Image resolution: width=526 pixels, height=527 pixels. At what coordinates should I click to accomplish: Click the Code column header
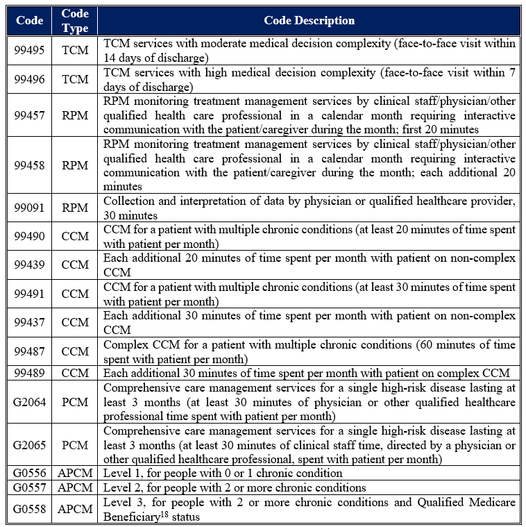click(29, 21)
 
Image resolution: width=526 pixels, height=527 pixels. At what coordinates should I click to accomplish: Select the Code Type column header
click(75, 21)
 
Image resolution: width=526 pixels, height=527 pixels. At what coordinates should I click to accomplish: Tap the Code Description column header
click(309, 21)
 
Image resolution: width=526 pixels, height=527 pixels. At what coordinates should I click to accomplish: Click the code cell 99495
click(29, 51)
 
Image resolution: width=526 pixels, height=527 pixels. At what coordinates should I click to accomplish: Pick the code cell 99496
click(29, 79)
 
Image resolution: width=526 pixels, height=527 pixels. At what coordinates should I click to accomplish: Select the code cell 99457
click(29, 115)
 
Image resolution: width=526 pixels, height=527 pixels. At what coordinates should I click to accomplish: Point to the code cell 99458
click(29, 165)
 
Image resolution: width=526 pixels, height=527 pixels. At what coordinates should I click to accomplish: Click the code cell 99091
click(29, 208)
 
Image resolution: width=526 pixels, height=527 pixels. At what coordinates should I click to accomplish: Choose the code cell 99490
click(29, 236)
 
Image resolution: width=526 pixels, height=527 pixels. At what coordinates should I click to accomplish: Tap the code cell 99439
click(29, 265)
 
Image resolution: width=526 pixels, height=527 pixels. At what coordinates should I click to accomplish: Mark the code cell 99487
click(29, 351)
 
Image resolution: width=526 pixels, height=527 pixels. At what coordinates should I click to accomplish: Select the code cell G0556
click(29, 473)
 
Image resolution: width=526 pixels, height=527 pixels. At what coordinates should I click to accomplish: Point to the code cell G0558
click(29, 509)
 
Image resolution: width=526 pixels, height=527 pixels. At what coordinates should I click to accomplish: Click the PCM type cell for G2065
click(75, 444)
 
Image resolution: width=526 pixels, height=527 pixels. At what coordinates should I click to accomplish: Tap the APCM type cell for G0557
click(75, 487)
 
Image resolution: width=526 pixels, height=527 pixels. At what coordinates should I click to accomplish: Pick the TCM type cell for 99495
click(75, 51)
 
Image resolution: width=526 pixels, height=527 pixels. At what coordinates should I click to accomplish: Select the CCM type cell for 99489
click(75, 373)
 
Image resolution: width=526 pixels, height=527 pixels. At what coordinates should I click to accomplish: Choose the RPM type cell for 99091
click(75, 208)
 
